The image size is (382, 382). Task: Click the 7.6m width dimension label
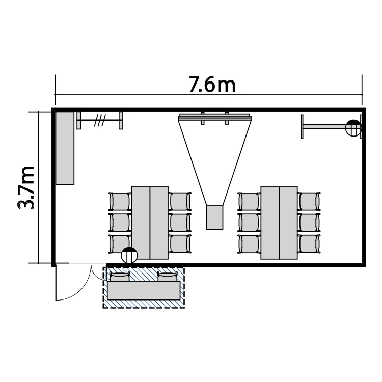(x=212, y=85)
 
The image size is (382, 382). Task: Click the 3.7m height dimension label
(x=26, y=187)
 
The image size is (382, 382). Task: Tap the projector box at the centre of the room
(x=214, y=217)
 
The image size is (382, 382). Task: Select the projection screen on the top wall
(x=214, y=118)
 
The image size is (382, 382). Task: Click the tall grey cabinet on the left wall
(x=65, y=148)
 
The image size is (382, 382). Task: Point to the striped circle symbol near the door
(x=129, y=255)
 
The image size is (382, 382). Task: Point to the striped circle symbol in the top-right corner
(x=353, y=128)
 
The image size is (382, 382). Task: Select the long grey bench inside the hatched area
(x=144, y=291)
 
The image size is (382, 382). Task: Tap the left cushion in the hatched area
(x=119, y=277)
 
